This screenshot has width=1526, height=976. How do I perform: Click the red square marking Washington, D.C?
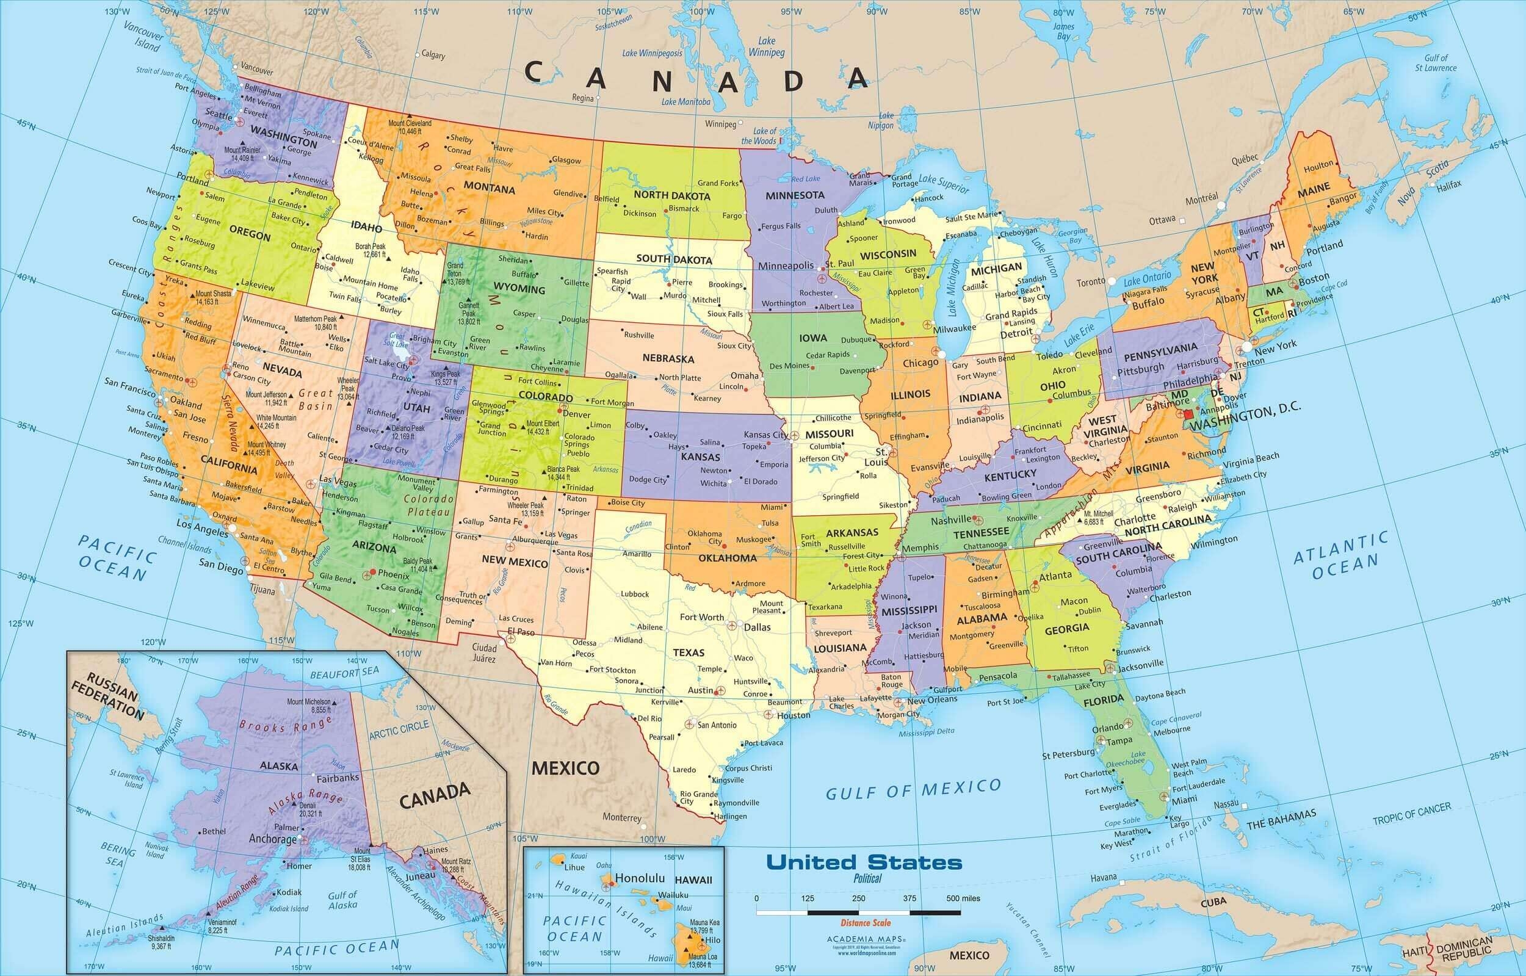(1189, 413)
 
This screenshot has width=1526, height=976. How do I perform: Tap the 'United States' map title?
(864, 862)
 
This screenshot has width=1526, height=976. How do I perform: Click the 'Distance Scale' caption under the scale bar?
(865, 923)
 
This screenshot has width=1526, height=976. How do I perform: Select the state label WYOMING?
(519, 288)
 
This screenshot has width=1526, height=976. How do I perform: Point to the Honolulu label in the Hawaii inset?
(640, 878)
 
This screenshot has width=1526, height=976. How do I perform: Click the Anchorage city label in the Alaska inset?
(272, 839)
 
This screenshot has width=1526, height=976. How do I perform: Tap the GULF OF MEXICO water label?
(913, 790)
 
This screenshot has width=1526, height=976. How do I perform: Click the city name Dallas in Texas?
(758, 627)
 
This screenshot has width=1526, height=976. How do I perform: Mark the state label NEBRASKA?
(668, 358)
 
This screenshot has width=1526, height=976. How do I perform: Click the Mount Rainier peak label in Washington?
(242, 154)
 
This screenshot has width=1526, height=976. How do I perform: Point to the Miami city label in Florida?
(1184, 800)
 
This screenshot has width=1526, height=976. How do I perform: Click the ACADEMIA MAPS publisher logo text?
(866, 939)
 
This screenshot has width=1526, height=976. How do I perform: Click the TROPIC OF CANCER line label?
(1412, 814)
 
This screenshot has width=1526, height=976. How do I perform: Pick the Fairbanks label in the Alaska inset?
(338, 778)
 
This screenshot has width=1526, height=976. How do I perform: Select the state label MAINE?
(1314, 189)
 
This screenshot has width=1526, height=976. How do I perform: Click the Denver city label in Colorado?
(577, 414)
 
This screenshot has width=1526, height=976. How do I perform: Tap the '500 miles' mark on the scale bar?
(963, 898)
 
